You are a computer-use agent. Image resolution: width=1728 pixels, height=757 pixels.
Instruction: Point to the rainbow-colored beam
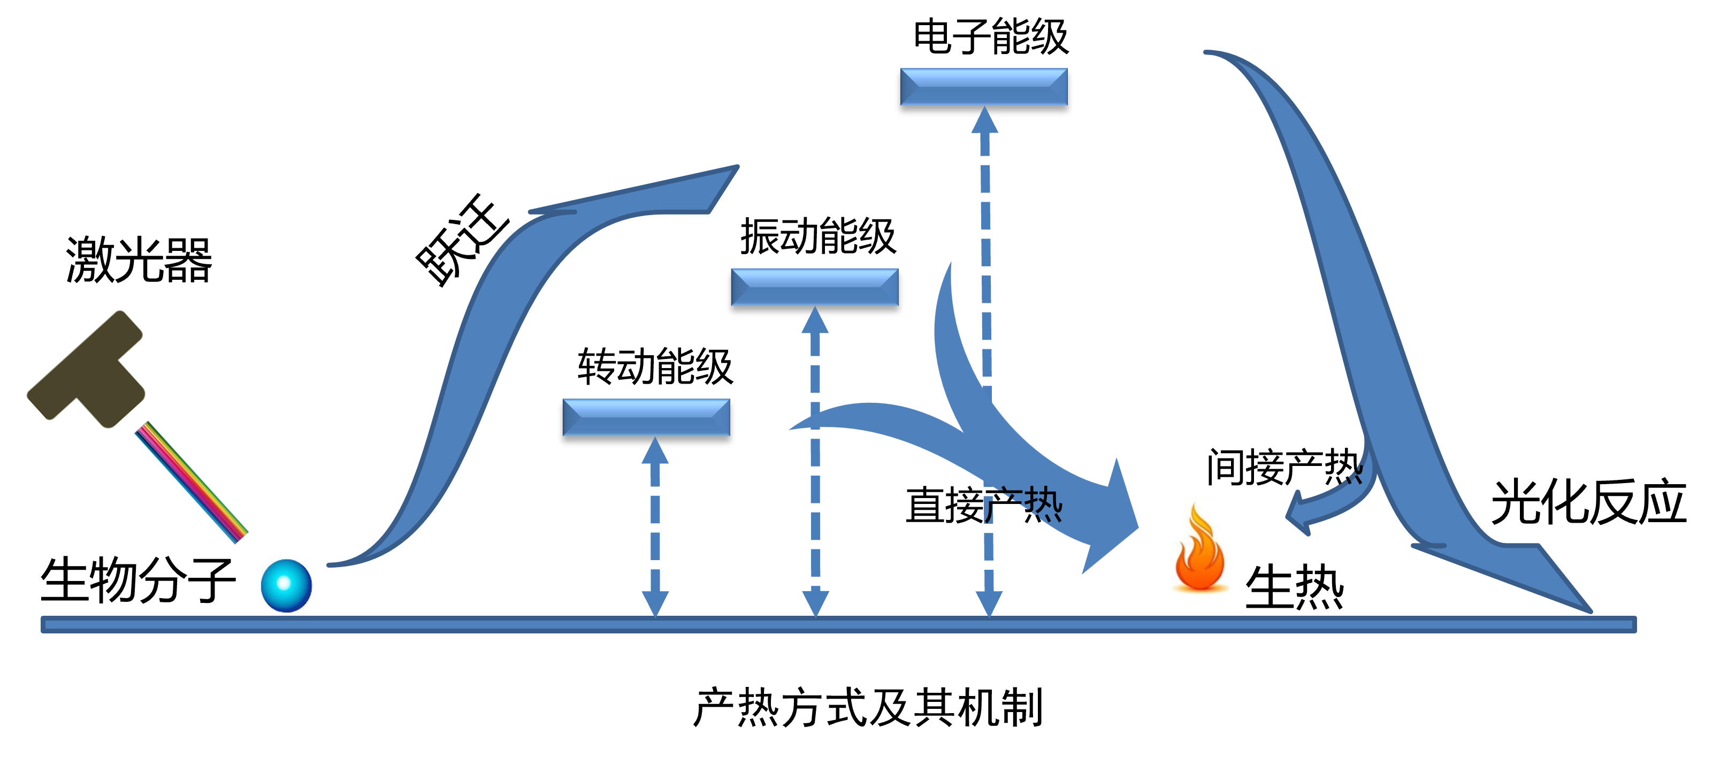[191, 482]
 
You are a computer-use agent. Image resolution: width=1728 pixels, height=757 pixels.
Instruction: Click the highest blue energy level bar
[983, 87]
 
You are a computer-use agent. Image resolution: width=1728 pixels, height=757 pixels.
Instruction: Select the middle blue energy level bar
[814, 287]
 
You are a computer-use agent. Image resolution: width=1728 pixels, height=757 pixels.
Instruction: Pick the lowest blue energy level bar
[646, 417]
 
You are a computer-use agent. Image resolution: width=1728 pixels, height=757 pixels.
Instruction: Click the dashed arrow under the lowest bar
[655, 527]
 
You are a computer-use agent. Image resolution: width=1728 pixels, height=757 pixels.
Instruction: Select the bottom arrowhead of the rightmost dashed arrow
[989, 604]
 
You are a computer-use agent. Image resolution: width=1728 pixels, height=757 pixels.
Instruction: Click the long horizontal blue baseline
[838, 625]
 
